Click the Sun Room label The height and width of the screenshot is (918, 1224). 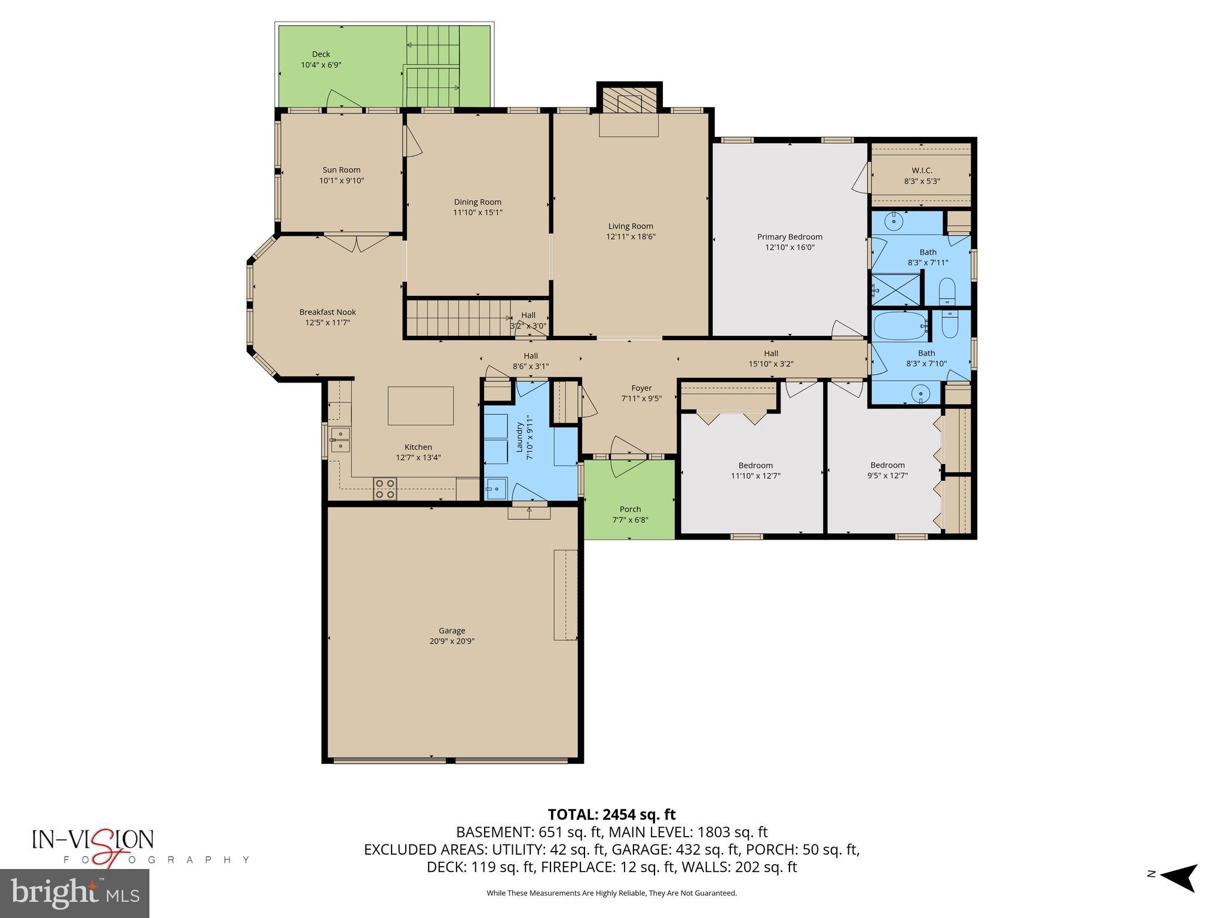[x=341, y=170]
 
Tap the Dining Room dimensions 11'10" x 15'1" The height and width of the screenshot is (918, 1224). [x=478, y=212]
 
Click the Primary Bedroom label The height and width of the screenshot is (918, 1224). [x=790, y=237]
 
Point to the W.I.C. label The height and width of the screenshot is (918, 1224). [x=922, y=170]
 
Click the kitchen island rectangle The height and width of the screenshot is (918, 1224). [x=420, y=405]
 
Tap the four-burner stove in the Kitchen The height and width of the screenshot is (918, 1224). [x=385, y=488]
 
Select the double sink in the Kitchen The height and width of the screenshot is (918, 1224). [x=339, y=439]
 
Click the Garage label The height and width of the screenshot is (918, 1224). [x=452, y=631]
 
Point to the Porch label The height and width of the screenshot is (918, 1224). [x=630, y=509]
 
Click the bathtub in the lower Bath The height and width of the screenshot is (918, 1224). [x=899, y=326]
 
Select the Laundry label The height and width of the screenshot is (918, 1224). [x=519, y=437]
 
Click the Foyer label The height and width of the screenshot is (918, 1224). [x=641, y=388]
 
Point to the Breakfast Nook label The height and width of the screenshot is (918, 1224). [x=328, y=312]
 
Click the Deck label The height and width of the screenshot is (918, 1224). [x=321, y=54]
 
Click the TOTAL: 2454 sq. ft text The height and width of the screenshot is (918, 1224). [x=611, y=814]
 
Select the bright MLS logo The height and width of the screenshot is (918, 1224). [x=75, y=893]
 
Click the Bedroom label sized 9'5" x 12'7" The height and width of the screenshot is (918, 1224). [x=887, y=465]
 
